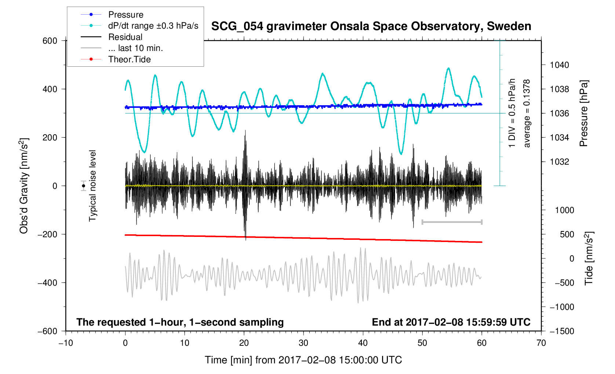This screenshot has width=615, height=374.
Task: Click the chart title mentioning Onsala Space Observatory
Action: pos(371,26)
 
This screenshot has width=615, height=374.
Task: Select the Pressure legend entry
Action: pos(125,15)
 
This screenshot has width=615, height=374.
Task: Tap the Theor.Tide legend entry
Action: pos(129,59)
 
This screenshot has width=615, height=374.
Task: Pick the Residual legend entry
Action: pos(125,37)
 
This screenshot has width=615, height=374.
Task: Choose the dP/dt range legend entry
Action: pos(153,26)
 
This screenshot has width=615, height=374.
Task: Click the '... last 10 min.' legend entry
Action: pos(135,48)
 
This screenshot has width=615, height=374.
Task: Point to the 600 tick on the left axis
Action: pos(50,41)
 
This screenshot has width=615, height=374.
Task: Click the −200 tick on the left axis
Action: pos(47,234)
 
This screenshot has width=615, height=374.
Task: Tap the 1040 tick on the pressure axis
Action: pos(559,65)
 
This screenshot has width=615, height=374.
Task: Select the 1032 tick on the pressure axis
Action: pos(559,162)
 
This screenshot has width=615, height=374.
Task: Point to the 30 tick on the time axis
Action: pos(303,343)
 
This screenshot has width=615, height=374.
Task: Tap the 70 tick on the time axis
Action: pos(541,343)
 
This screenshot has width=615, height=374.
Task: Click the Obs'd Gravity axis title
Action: pos(24,186)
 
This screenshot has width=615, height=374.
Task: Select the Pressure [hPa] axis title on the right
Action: pos(583,113)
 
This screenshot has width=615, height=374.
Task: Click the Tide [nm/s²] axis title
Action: pos(589,258)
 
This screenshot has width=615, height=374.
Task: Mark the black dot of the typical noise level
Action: pos(84,186)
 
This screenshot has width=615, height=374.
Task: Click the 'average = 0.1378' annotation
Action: pos(527,113)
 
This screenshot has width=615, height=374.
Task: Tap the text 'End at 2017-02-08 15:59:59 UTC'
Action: pos(451,322)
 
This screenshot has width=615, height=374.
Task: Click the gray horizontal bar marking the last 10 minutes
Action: pos(452,222)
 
